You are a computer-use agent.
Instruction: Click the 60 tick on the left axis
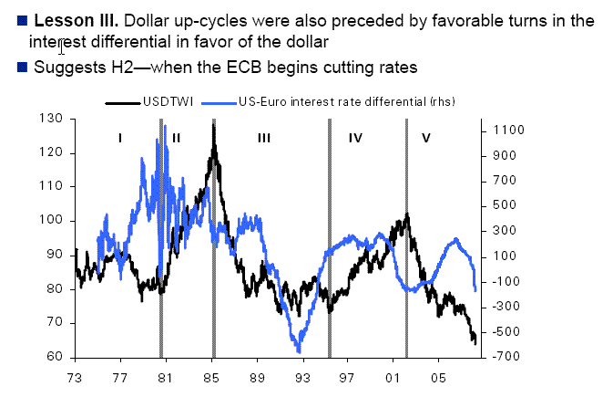pos(57,357)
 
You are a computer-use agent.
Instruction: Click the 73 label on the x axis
pos(75,375)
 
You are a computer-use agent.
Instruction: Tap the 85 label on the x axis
pos(213,375)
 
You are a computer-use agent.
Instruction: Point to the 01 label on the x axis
pos(393,375)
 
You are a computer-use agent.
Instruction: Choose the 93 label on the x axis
pos(303,375)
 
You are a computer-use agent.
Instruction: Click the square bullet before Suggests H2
pos(22,67)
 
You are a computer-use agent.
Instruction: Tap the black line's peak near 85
pos(213,125)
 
